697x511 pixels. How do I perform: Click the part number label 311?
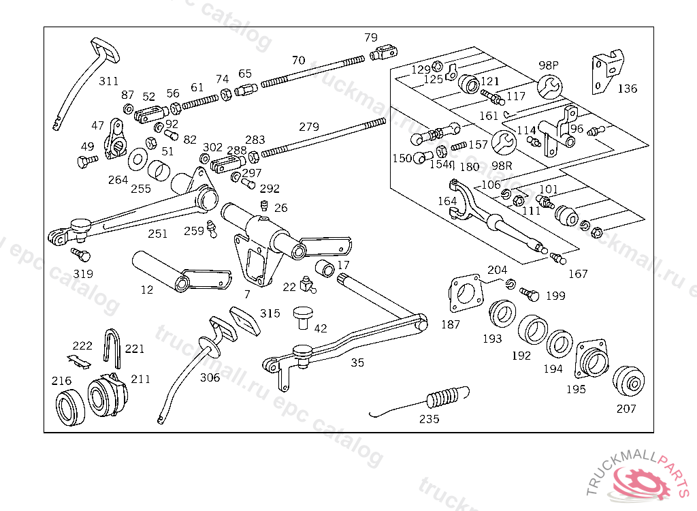[x=108, y=81]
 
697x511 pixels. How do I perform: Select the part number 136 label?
[x=627, y=89]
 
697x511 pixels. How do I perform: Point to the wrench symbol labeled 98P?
[x=549, y=87]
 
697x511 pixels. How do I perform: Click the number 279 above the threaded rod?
[x=309, y=127]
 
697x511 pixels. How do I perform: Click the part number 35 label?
[x=357, y=362]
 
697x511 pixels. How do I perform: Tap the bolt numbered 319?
[x=81, y=255]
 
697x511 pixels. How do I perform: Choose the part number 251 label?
[x=158, y=234]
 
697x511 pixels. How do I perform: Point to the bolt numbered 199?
[x=530, y=294]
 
